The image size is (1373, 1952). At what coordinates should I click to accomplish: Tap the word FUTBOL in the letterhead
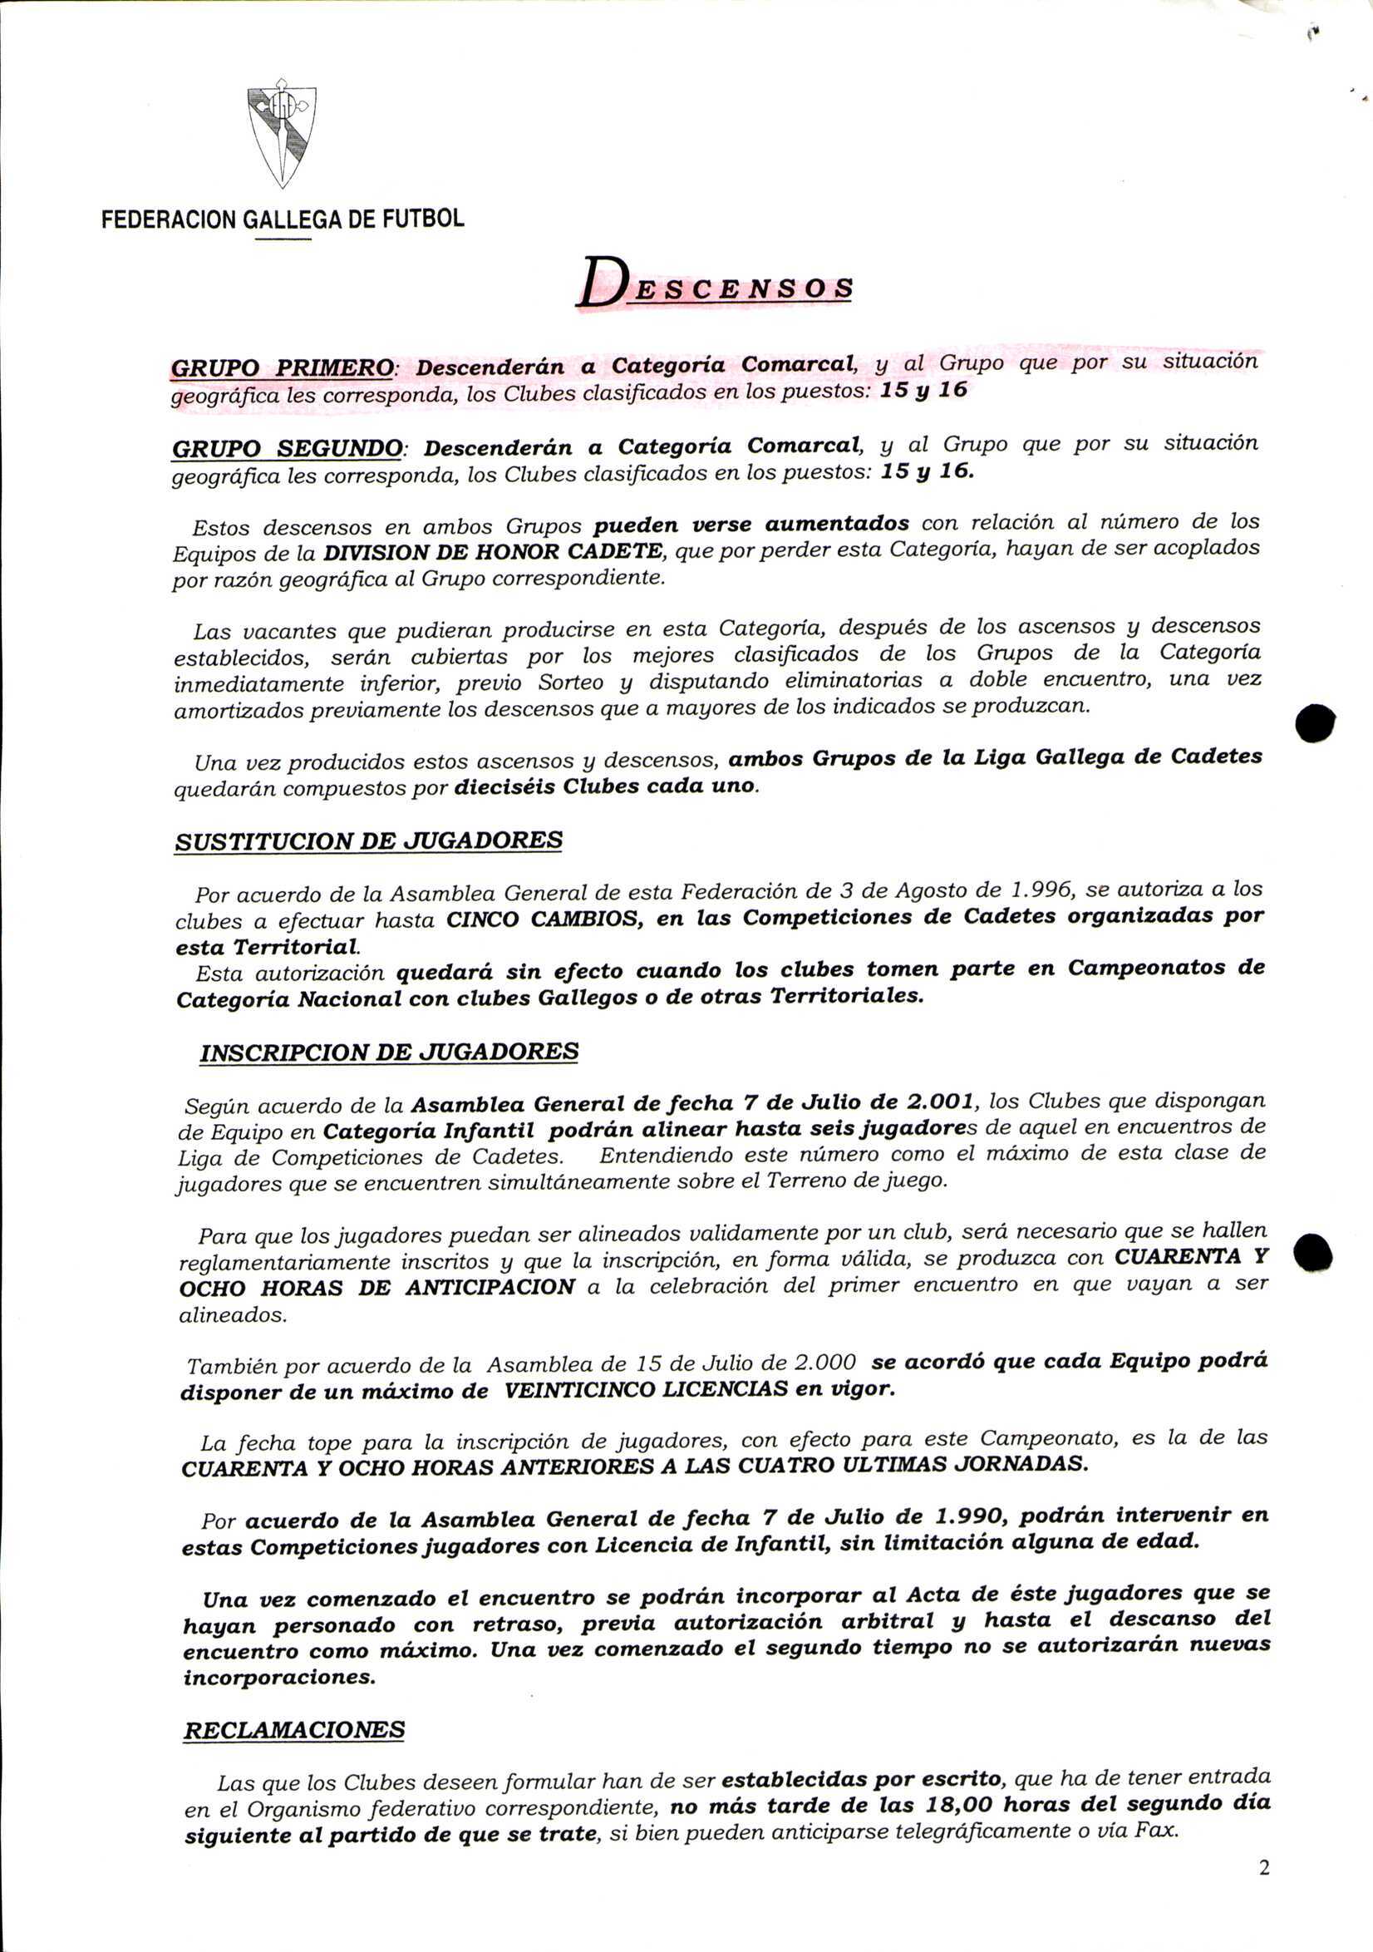(422, 219)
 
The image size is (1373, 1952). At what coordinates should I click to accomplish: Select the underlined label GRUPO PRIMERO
(282, 368)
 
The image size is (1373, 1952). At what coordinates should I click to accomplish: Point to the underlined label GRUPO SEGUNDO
(287, 448)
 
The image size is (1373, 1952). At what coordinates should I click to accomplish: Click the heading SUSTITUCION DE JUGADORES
(368, 840)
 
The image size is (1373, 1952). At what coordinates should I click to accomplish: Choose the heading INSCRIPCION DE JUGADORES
(388, 1052)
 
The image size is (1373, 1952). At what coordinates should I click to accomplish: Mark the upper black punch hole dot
(1314, 722)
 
